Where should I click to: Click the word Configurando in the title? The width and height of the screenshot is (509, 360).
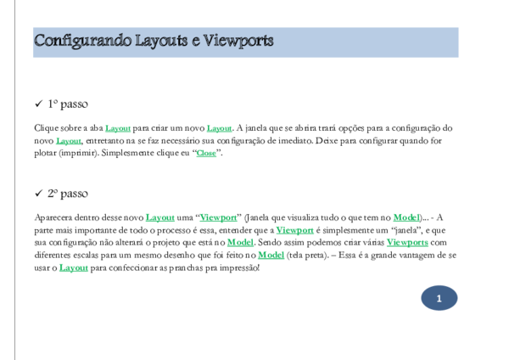[82, 41]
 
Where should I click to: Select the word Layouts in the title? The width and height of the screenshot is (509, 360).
[167, 41]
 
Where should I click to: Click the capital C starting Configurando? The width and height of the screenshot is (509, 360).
[39, 41]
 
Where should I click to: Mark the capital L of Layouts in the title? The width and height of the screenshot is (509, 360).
[140, 41]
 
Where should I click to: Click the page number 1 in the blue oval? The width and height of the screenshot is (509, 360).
[439, 298]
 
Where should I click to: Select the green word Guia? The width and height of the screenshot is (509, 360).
[206, 154]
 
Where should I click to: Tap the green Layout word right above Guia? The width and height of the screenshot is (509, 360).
[219, 129]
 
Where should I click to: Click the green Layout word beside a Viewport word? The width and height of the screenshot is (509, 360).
[160, 218]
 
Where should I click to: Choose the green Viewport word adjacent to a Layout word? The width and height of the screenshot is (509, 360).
[218, 218]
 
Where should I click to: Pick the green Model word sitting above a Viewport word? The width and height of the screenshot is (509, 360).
[406, 218]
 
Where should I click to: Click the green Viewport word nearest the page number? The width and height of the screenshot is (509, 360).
[407, 243]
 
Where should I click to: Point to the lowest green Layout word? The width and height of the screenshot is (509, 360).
[74, 268]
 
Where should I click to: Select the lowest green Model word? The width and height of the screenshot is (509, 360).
[271, 255]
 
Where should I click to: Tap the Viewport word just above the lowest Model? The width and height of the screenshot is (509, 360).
[295, 230]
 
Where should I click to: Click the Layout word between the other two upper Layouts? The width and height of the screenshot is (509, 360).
[118, 129]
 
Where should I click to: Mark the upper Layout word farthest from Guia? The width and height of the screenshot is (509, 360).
[69, 142]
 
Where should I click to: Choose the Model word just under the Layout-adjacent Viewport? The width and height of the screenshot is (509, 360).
[240, 243]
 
